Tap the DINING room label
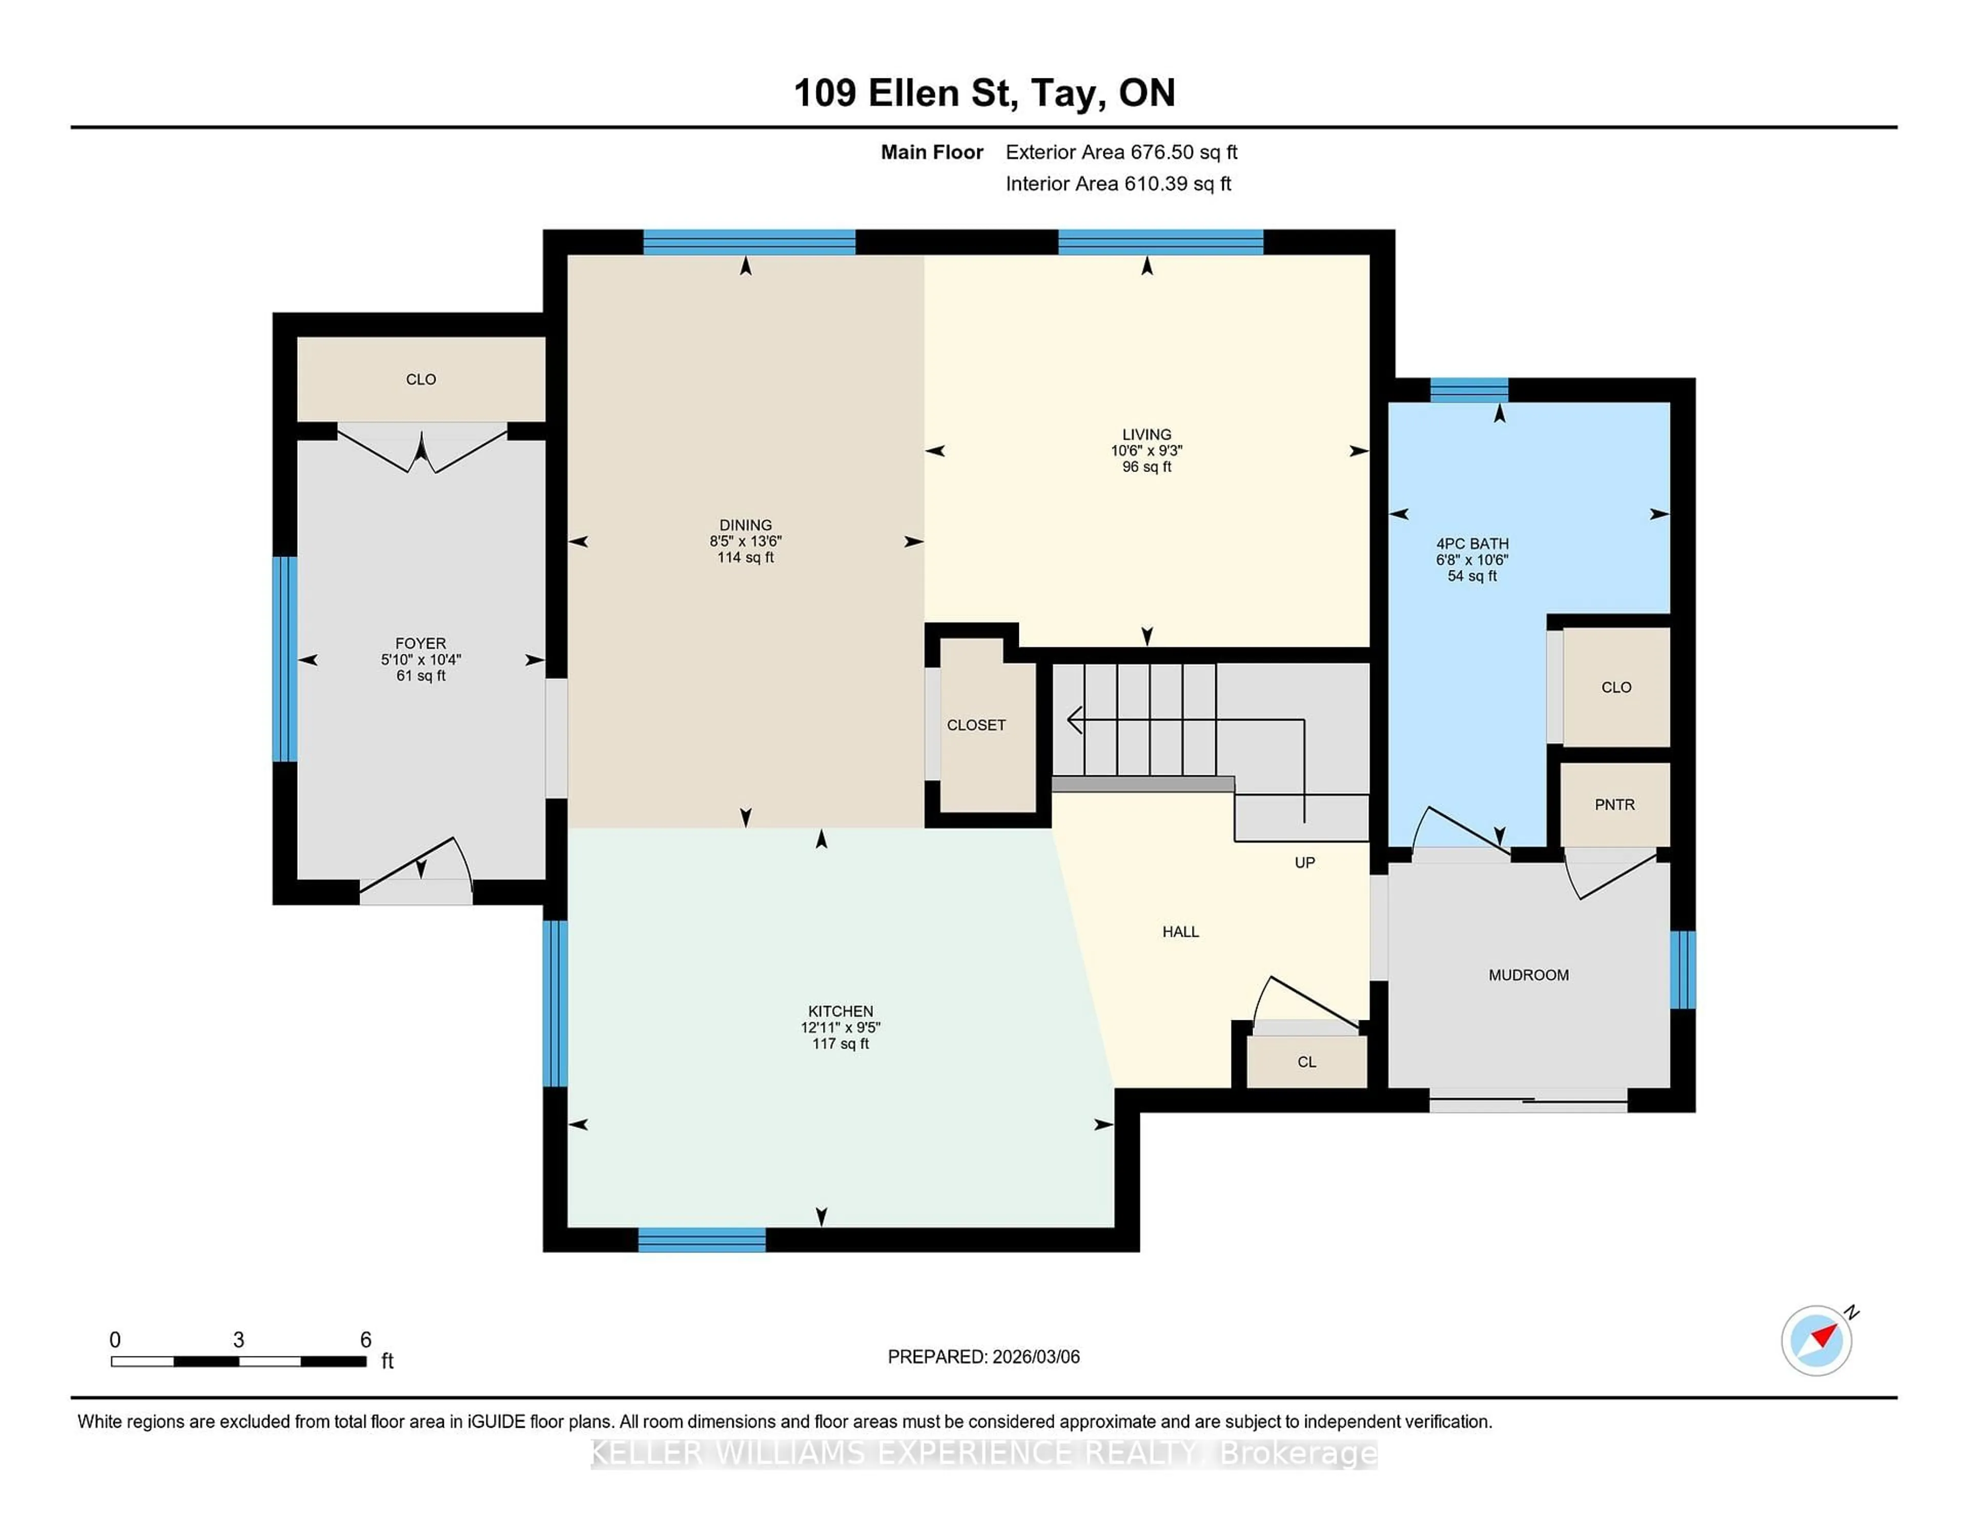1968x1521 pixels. (745, 524)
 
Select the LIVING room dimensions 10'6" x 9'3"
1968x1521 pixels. (1146, 450)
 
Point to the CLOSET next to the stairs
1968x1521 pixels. (976, 725)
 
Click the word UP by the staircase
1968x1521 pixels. (1304, 862)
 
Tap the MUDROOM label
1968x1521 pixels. (1528, 975)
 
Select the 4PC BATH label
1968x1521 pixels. (1471, 543)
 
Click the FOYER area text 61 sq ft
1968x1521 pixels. (421, 676)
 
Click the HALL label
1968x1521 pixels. (1180, 932)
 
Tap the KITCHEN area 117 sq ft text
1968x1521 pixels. (840, 1043)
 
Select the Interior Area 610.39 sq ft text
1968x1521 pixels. (1118, 184)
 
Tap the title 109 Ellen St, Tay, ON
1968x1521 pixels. (984, 93)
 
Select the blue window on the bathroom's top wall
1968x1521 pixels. (1469, 390)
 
